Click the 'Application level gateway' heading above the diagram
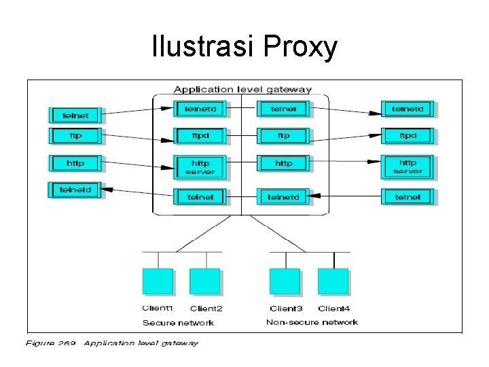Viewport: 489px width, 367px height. tap(242, 89)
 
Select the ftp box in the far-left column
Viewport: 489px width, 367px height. tap(75, 135)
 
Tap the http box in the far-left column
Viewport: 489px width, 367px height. tap(75, 163)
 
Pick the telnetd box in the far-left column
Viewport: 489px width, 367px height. tap(75, 189)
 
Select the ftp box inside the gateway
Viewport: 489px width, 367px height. tap(283, 136)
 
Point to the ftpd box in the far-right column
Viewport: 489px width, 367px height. tap(407, 136)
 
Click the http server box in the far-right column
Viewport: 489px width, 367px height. tap(407, 166)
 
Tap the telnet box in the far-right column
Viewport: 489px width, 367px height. tap(407, 196)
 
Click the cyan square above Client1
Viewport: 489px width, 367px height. tap(158, 281)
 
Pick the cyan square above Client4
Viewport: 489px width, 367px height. tap(333, 281)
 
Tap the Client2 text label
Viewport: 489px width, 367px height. tap(206, 309)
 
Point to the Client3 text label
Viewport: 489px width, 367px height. tap(286, 309)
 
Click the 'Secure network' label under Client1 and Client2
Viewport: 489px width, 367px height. tap(178, 322)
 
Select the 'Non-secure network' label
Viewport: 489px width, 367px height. tap(312, 322)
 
